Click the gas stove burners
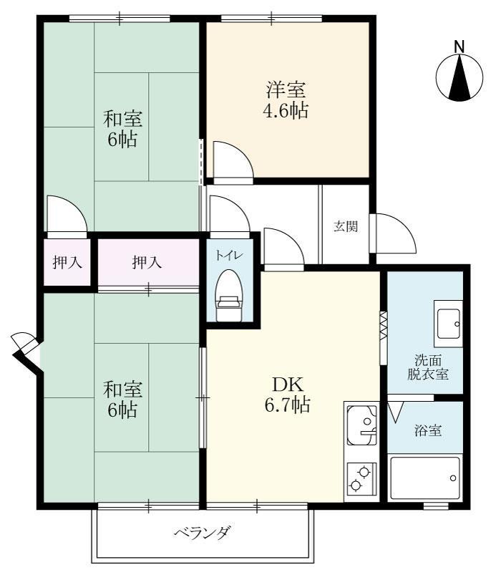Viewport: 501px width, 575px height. point(361,478)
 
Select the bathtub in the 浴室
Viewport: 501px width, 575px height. point(425,478)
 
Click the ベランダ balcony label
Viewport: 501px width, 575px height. point(203,533)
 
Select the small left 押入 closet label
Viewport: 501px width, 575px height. point(68,263)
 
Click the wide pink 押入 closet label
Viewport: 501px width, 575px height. point(147,263)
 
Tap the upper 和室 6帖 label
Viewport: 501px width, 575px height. point(123,128)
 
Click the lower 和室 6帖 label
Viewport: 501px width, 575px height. point(123,400)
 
